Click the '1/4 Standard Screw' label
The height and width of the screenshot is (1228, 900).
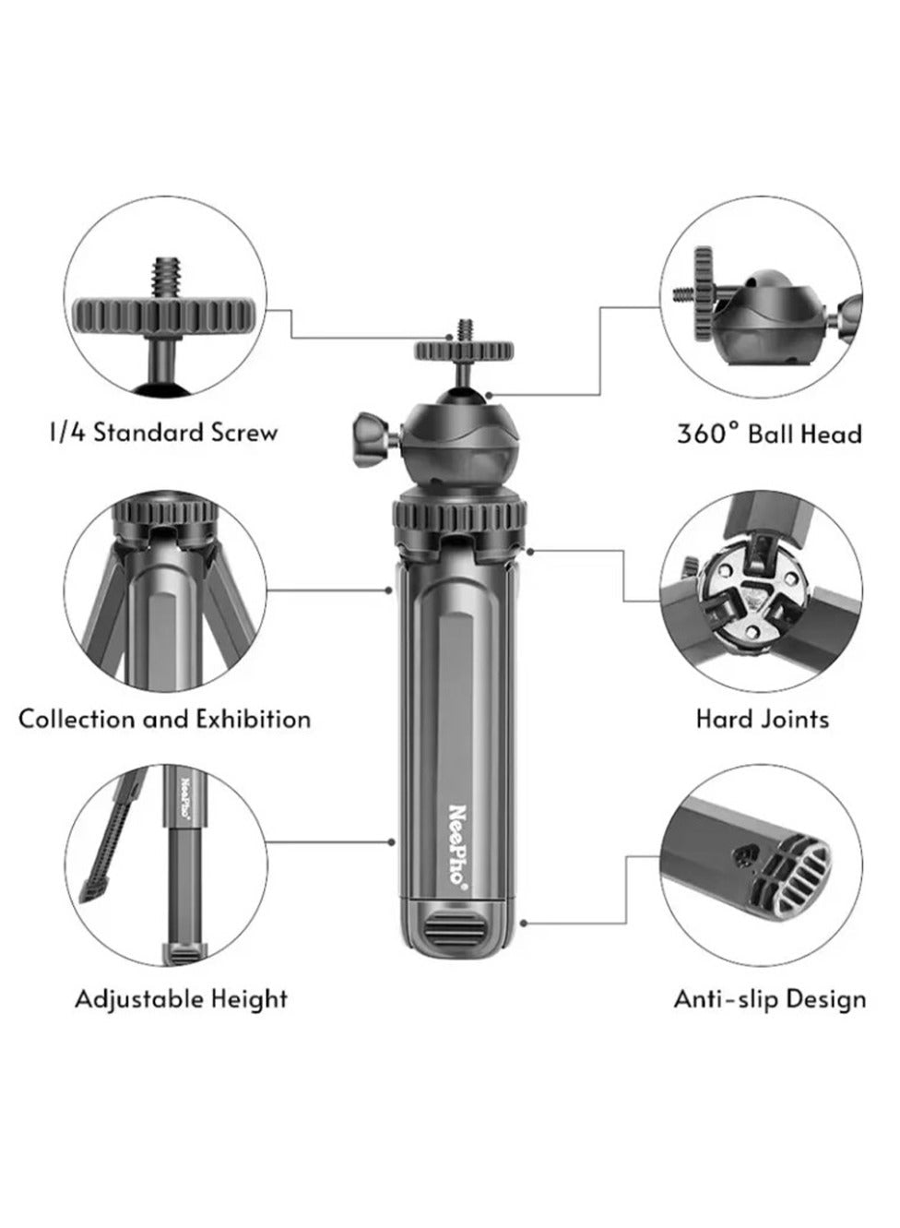(x=164, y=433)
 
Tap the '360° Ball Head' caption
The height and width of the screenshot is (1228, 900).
(x=769, y=434)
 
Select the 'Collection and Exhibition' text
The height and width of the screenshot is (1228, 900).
(x=164, y=719)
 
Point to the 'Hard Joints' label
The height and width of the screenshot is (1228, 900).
(x=763, y=719)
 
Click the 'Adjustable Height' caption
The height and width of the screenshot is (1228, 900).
(x=182, y=999)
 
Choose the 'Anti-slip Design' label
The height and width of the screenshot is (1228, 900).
(x=770, y=999)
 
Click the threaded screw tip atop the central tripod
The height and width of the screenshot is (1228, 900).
(x=464, y=330)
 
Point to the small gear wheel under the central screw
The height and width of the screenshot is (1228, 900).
(x=464, y=350)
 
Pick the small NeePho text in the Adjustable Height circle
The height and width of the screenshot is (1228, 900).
(x=184, y=798)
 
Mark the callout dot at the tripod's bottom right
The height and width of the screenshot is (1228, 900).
(x=524, y=924)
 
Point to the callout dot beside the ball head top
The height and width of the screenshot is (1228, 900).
(x=488, y=394)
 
